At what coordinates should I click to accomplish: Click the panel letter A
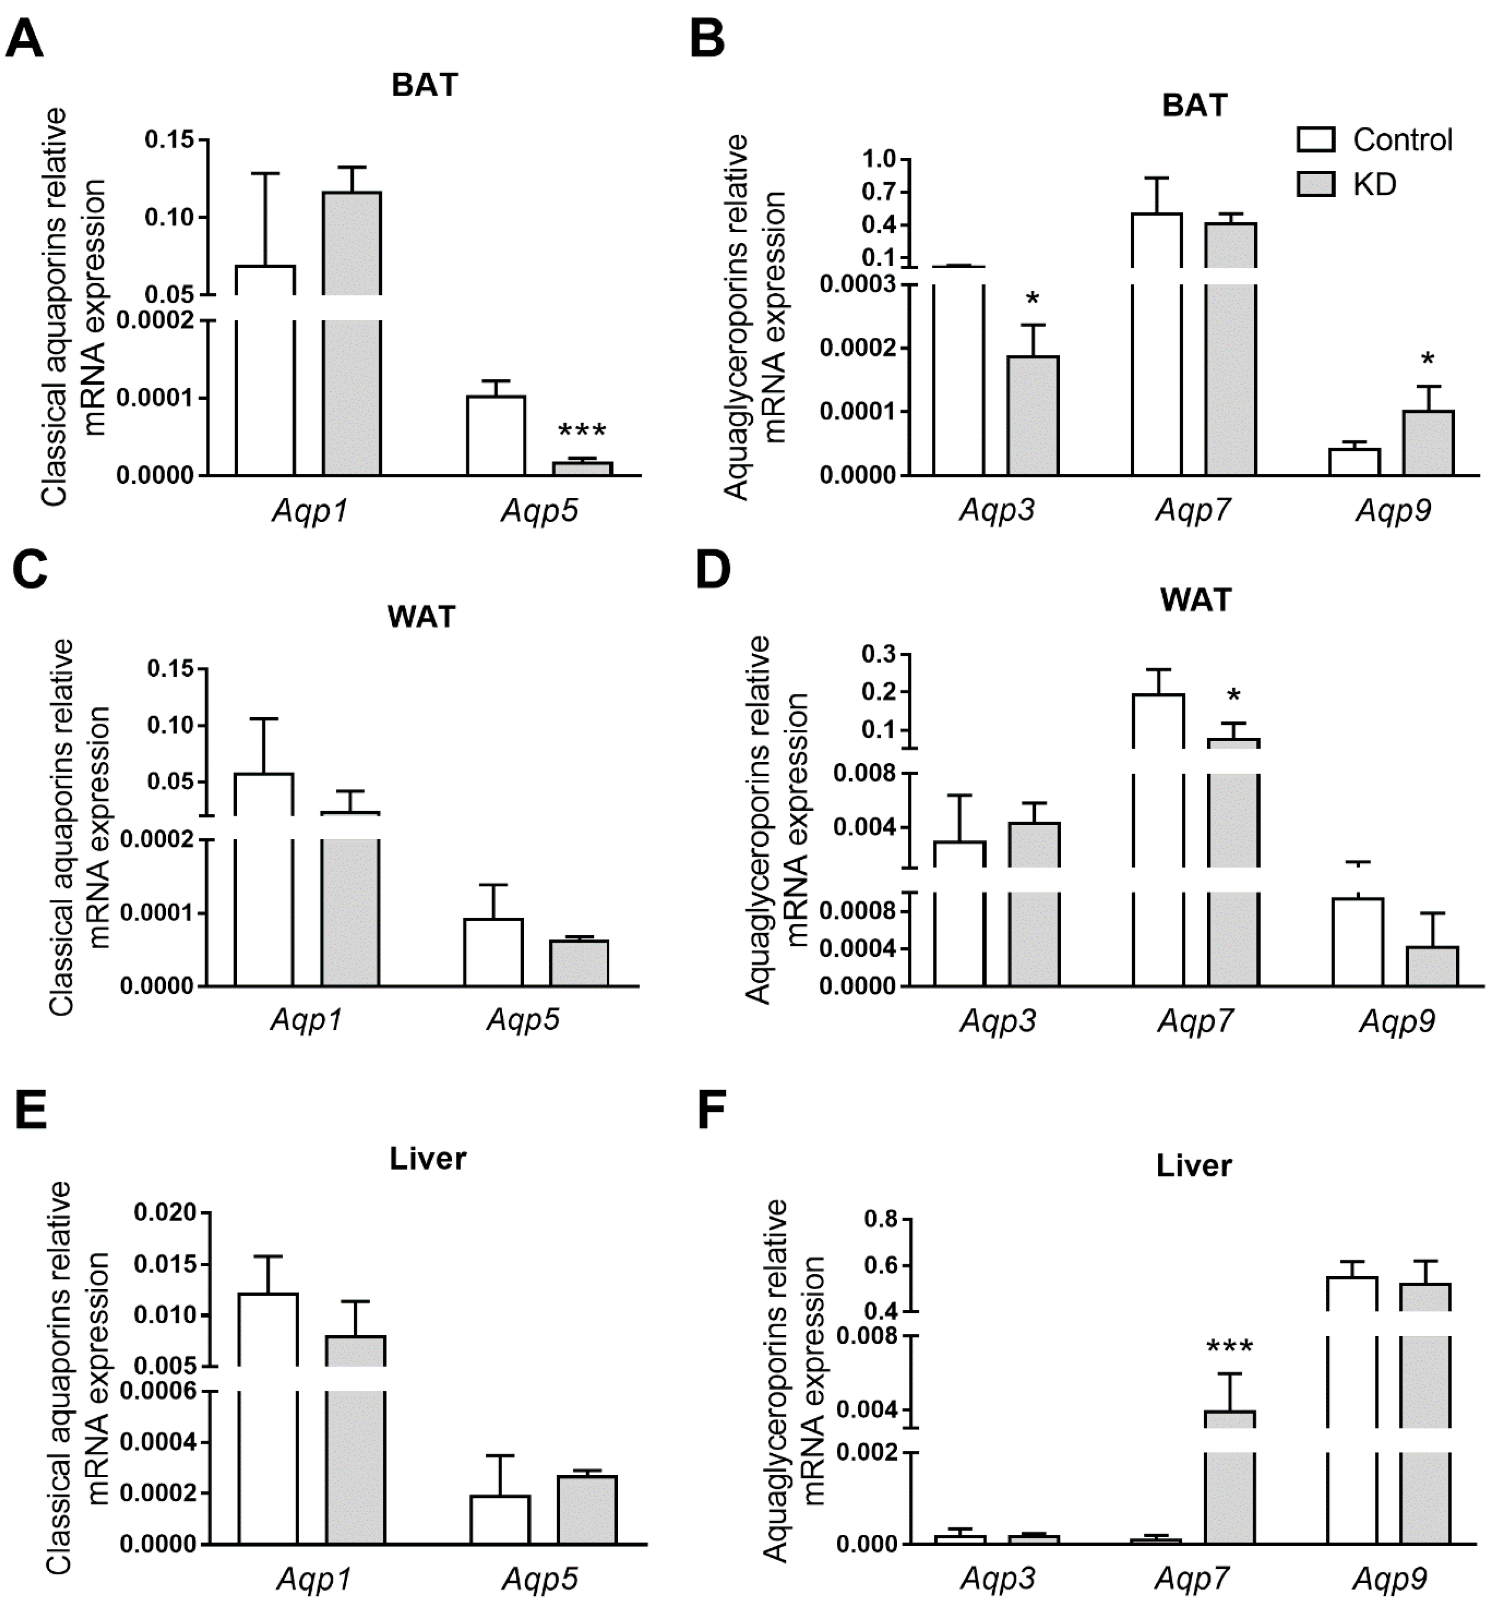[24, 38]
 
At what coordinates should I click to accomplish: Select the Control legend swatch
[1315, 139]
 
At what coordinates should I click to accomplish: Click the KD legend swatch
[1315, 185]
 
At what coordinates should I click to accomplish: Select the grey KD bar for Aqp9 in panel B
[1428, 443]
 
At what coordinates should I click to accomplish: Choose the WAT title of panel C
[421, 617]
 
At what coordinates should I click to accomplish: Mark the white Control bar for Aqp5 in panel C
[493, 953]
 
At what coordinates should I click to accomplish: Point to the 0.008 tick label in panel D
[863, 773]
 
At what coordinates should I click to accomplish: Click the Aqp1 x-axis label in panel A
[310, 511]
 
